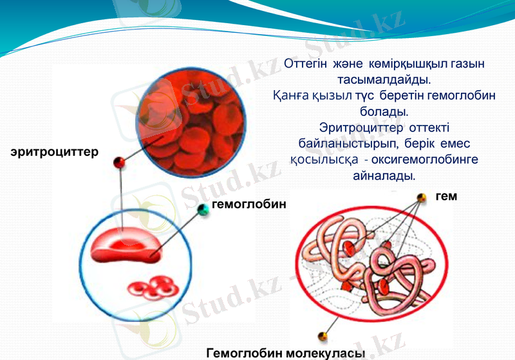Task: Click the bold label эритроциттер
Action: pos(54,152)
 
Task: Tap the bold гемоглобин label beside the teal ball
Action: pos(248,204)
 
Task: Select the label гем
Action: pos(446,196)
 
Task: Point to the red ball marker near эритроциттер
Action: pos(119,162)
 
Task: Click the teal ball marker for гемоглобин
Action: pos(203,208)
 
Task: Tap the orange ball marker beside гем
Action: pos(421,197)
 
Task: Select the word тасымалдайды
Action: pos(384,80)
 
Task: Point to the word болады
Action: pos(384,111)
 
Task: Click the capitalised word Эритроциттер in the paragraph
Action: pos(356,128)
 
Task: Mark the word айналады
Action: pos(384,175)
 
